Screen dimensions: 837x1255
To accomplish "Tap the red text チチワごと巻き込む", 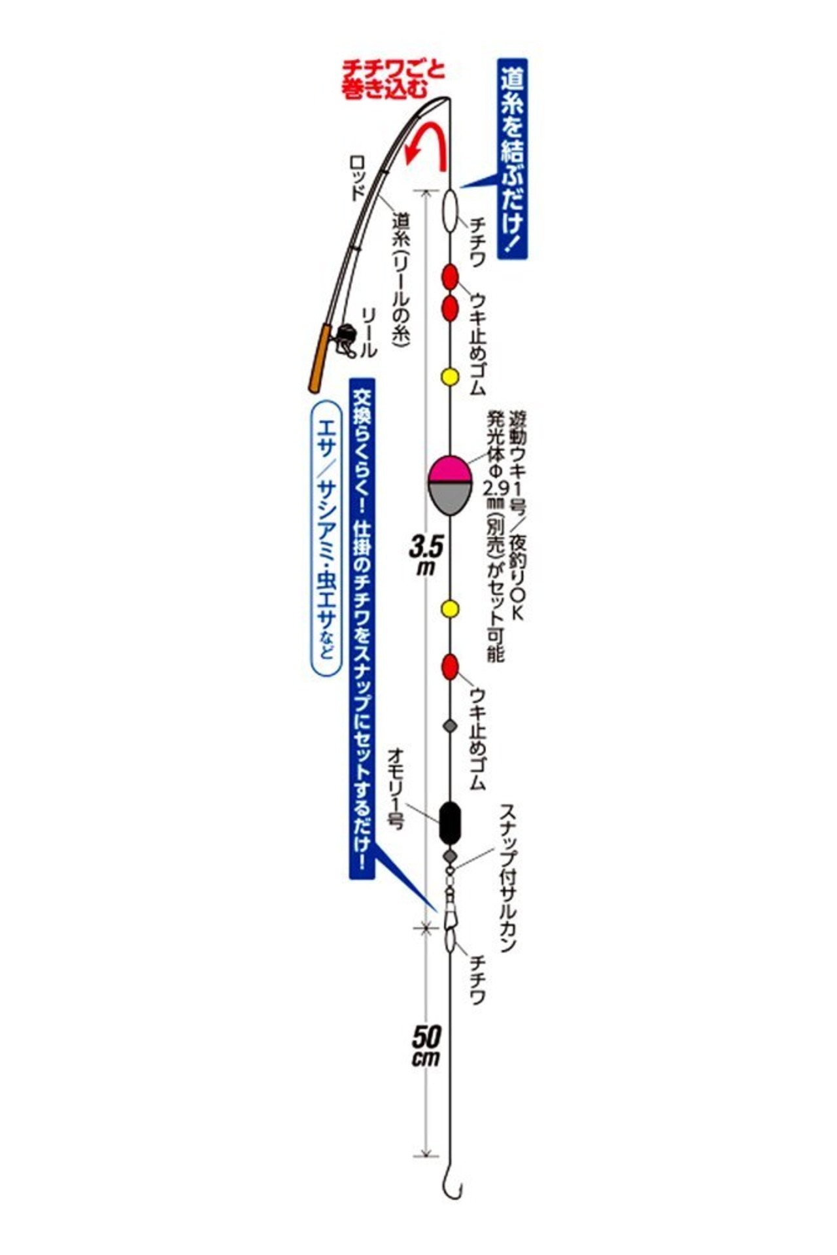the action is [393, 80].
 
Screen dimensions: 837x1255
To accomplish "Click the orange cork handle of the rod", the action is [320, 357].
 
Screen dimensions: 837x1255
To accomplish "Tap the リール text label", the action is [369, 333].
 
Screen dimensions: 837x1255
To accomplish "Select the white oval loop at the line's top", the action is [449, 211].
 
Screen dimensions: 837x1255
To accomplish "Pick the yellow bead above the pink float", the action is [450, 377].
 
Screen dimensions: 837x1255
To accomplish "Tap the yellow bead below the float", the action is [450, 610].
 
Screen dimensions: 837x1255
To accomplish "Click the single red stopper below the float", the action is [450, 667].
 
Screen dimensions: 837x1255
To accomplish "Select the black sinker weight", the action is [450, 823].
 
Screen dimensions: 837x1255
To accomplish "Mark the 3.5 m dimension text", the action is [426, 555].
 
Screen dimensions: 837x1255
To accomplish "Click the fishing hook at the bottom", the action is [452, 1183].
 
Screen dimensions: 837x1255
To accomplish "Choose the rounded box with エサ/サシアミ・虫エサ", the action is [324, 538].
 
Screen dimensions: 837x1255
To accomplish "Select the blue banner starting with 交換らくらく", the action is [362, 627].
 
